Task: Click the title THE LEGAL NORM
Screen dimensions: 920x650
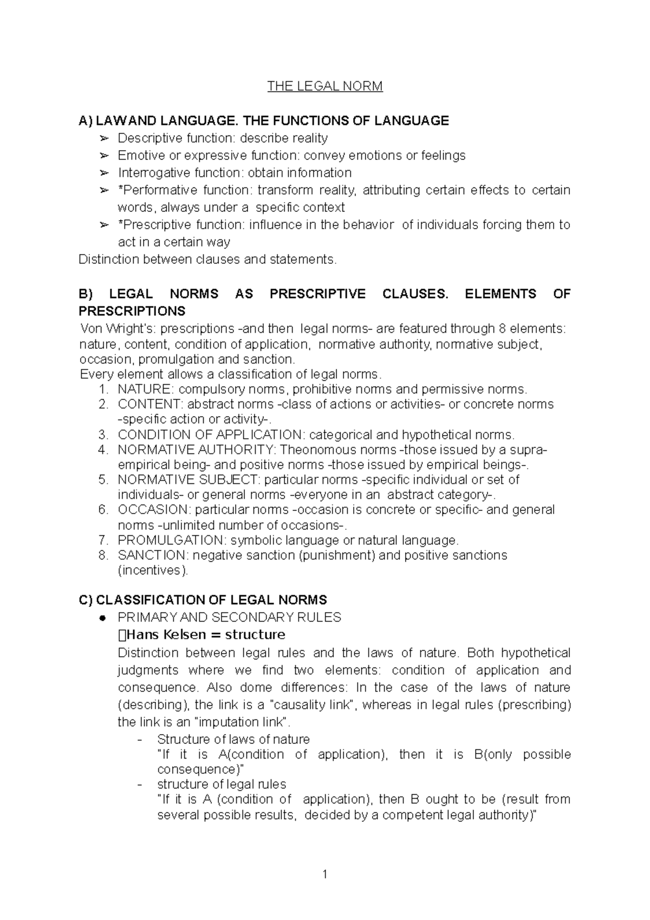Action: (325, 86)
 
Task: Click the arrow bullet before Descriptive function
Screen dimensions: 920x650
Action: (104, 139)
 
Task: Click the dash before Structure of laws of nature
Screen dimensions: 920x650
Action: (141, 740)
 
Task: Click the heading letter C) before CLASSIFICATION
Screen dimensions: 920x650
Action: (85, 600)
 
